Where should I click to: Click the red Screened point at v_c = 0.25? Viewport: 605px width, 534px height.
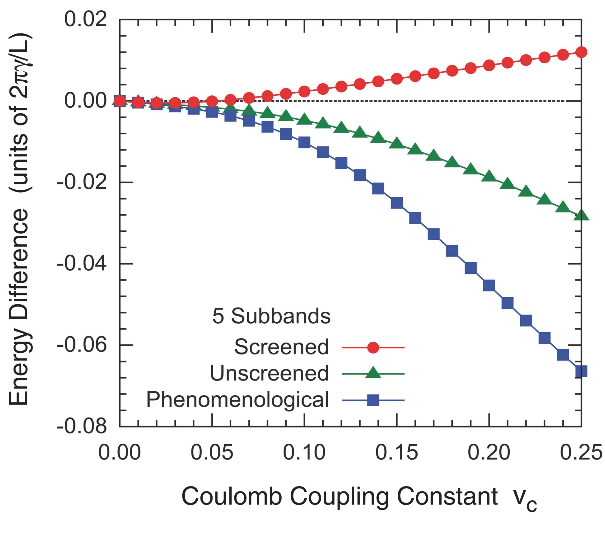coord(581,52)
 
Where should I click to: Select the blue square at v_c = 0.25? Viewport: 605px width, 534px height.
coord(581,371)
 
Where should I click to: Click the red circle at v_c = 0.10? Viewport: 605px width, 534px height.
coord(304,91)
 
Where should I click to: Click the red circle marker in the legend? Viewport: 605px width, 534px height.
coord(373,347)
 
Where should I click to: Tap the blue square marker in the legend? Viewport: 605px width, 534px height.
coord(373,400)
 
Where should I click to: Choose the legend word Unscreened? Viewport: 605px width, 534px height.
coord(269,373)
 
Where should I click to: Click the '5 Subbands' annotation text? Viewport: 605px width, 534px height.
coord(271,316)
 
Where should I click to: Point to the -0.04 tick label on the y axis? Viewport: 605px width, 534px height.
coord(82,263)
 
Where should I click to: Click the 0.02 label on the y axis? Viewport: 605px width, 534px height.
coord(86,19)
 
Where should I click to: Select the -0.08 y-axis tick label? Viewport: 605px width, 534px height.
coord(82,426)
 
